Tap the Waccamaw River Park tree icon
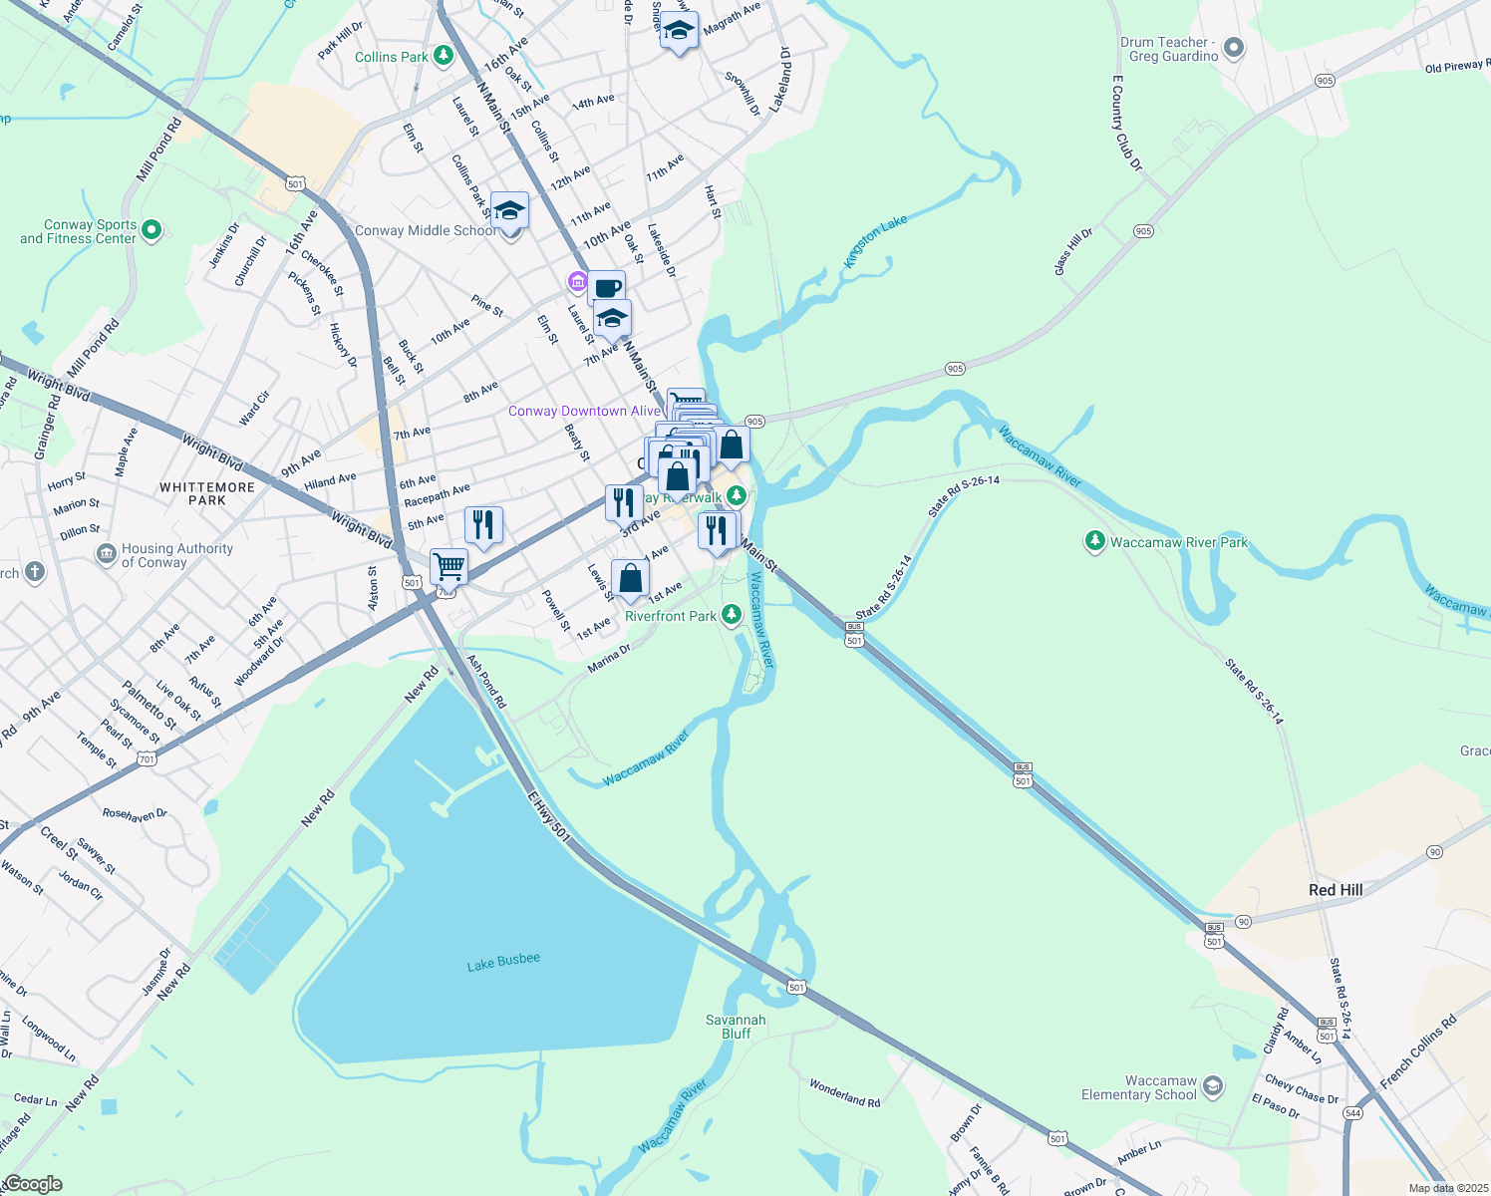pyautogui.click(x=1095, y=541)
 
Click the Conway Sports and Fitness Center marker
pyautogui.click(x=151, y=231)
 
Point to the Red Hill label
pyautogui.click(x=1336, y=890)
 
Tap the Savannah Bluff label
pyautogui.click(x=736, y=1027)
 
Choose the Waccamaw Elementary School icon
pyautogui.click(x=1213, y=1086)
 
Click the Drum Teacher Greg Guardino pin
pyautogui.click(x=1234, y=48)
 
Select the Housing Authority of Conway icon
pyautogui.click(x=107, y=554)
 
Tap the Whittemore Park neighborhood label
pyautogui.click(x=207, y=493)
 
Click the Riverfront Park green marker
pyautogui.click(x=732, y=615)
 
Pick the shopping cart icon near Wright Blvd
pyautogui.click(x=449, y=566)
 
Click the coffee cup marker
pyautogui.click(x=607, y=288)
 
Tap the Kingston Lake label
pyautogui.click(x=875, y=242)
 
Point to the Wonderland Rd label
pyautogui.click(x=844, y=1093)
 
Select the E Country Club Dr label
pyautogui.click(x=1127, y=123)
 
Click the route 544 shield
pyautogui.click(x=1352, y=1113)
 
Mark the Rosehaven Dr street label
pyautogui.click(x=135, y=814)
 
